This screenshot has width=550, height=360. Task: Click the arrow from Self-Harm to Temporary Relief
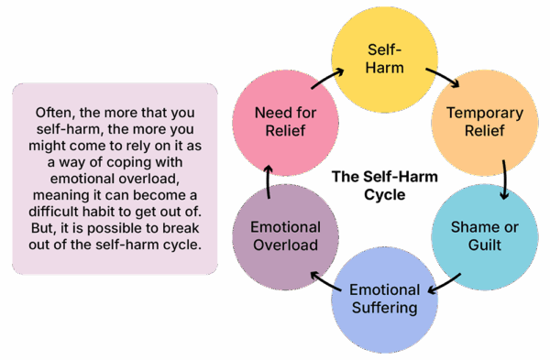pyautogui.click(x=445, y=78)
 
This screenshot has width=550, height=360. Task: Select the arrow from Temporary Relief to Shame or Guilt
pyautogui.click(x=505, y=179)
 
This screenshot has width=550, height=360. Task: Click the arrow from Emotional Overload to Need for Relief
pyautogui.click(x=267, y=180)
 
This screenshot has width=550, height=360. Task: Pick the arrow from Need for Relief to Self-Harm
pyautogui.click(x=327, y=77)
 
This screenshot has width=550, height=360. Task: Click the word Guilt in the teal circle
pyautogui.click(x=484, y=245)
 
